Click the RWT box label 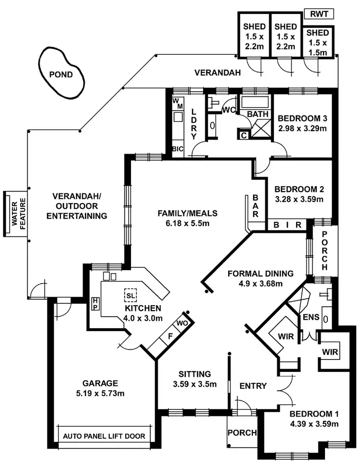coord(319,14)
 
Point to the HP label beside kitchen coord(96,303)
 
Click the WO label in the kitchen coord(181,323)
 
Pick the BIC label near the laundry coord(178,149)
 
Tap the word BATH coord(256,114)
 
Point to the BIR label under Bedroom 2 coord(287,225)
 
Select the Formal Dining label coord(260,274)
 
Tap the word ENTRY coord(253,386)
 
